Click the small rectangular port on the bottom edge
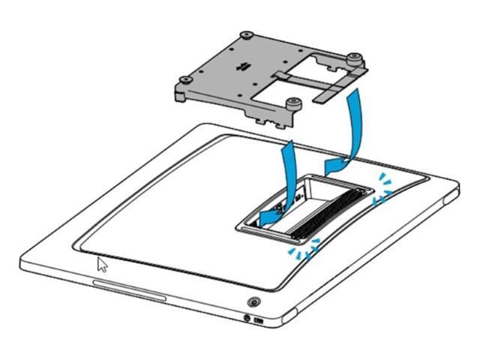259,321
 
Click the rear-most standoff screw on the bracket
246,35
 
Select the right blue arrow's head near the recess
330,163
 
